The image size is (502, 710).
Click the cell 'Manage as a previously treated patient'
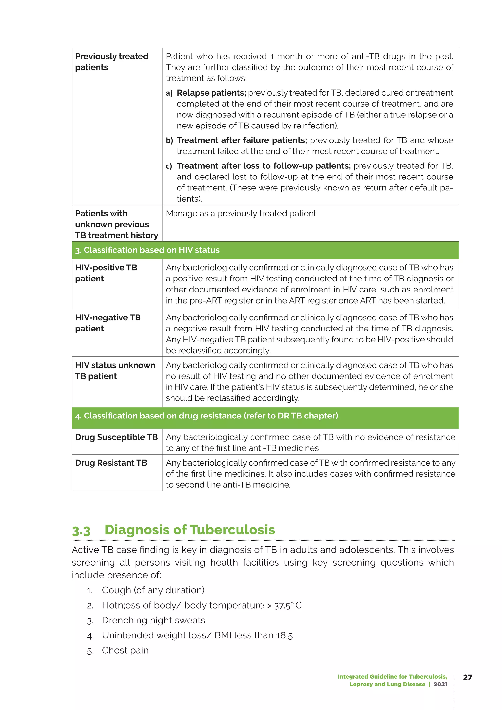(x=241, y=213)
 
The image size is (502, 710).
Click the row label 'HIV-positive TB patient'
(x=106, y=273)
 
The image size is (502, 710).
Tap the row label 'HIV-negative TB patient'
(x=108, y=323)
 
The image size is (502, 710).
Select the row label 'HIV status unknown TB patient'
(x=115, y=370)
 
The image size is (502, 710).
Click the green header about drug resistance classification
(x=206, y=416)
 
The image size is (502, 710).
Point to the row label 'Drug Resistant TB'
(x=111, y=463)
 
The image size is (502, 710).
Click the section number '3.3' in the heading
(x=81, y=531)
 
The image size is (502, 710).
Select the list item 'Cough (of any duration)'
(x=153, y=590)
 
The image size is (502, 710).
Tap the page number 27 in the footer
(x=467, y=677)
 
